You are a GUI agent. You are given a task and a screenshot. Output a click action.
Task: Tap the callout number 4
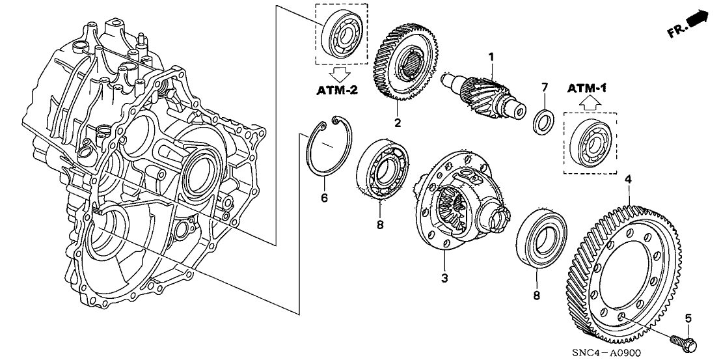tap(627, 178)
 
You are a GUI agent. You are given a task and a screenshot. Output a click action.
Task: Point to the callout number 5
tap(688, 319)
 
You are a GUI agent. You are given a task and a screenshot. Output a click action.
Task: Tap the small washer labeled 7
tap(541, 121)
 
